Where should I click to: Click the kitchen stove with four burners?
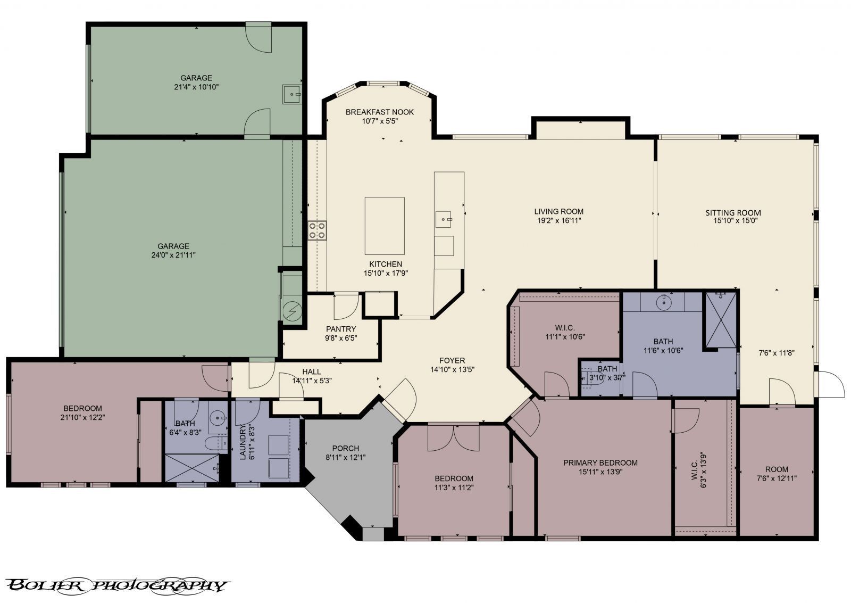[318, 230]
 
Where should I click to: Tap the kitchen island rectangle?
[384, 226]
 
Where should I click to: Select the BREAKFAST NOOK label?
[379, 112]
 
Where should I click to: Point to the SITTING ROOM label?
[733, 212]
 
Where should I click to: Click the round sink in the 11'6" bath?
[664, 302]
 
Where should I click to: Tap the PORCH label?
[345, 448]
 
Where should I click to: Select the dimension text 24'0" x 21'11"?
[173, 255]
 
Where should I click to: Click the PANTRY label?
[341, 329]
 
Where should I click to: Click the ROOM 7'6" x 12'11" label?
[777, 469]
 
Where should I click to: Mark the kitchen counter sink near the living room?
[444, 218]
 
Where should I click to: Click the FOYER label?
[452, 360]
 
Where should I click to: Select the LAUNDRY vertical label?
[243, 442]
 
